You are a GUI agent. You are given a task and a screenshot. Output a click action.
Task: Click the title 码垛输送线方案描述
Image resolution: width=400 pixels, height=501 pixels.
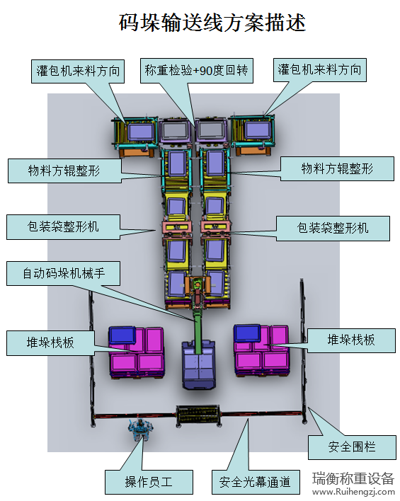coord(212,23)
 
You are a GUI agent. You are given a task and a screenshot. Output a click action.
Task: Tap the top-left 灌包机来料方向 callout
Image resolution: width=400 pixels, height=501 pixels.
coord(78,71)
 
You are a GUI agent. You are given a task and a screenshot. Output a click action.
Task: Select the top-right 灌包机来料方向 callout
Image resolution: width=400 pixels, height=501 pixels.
coord(320,69)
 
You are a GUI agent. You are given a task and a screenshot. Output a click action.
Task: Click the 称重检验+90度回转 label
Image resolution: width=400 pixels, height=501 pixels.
coord(197,71)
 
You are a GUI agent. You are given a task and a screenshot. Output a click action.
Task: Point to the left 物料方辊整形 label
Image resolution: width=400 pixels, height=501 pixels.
coord(64,171)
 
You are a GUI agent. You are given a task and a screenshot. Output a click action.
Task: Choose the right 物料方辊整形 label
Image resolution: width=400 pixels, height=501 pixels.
coord(337,168)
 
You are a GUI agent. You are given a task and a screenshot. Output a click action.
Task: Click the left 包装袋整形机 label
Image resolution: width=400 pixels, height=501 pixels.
coord(63,227)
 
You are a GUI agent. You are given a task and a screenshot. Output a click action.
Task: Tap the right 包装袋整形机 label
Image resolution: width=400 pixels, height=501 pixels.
coord(333,229)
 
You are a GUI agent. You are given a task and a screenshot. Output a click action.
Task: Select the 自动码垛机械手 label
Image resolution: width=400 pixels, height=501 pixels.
coord(63,274)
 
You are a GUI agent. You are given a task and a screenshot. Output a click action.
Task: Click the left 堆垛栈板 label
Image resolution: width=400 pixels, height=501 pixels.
coord(50,343)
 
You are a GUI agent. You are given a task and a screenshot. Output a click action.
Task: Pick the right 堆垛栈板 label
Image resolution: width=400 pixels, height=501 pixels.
coord(351,340)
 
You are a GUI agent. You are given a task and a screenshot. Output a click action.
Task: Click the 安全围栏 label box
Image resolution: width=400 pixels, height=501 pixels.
coord(352,447)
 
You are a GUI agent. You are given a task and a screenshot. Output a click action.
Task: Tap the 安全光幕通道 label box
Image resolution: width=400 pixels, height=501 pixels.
coord(256,482)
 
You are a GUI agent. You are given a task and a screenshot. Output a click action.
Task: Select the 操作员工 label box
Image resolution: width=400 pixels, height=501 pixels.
coord(149,482)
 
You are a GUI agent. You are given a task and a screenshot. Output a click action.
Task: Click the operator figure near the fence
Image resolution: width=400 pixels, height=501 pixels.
coord(140,429)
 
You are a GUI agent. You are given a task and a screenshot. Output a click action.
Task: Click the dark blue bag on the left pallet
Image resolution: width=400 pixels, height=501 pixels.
coord(122,335)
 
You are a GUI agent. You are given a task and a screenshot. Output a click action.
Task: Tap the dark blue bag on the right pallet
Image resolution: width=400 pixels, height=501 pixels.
coord(247,333)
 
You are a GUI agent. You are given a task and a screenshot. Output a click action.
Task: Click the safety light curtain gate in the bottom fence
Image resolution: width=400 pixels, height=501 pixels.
coord(198,415)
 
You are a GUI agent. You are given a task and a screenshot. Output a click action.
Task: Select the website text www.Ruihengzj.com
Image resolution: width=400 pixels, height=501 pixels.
coord(353,492)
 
